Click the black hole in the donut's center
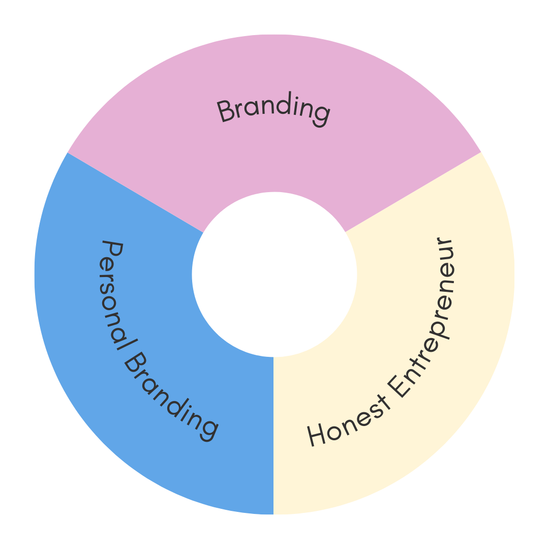274,274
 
